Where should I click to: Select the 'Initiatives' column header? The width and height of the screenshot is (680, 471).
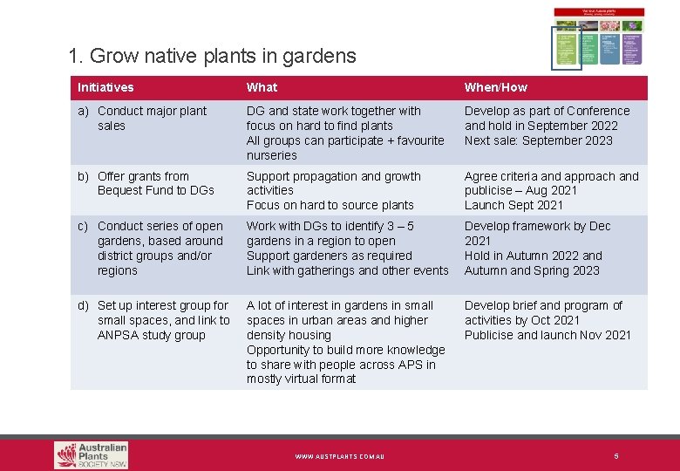pyautogui.click(x=105, y=87)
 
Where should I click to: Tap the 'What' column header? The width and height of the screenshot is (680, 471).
pyautogui.click(x=262, y=87)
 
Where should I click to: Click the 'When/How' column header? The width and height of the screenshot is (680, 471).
pyautogui.click(x=495, y=87)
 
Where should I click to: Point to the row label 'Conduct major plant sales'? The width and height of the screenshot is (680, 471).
pyautogui.click(x=152, y=118)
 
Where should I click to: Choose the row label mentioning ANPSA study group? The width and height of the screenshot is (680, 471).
pyautogui.click(x=163, y=320)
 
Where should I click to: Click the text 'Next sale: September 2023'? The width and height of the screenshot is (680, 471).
pyautogui.click(x=538, y=140)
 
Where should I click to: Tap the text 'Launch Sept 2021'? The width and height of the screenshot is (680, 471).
pyautogui.click(x=513, y=205)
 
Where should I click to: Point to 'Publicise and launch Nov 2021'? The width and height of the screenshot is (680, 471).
pyautogui.click(x=547, y=335)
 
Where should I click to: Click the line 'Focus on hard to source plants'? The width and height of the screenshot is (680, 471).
pyautogui.click(x=330, y=205)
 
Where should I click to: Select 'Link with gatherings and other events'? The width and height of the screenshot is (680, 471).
pyautogui.click(x=347, y=270)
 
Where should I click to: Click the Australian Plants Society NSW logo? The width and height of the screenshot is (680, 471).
pyautogui.click(x=91, y=454)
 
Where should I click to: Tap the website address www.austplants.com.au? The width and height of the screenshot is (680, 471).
pyautogui.click(x=339, y=456)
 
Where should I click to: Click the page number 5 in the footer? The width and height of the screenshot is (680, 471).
pyautogui.click(x=615, y=455)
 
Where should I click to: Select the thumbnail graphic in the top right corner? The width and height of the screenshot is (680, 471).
pyautogui.click(x=599, y=37)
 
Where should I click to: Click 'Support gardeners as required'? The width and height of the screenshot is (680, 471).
pyautogui.click(x=329, y=256)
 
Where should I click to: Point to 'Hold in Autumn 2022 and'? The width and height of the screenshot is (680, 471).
pyautogui.click(x=533, y=256)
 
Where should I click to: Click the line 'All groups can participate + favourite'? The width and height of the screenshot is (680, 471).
pyautogui.click(x=345, y=140)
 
